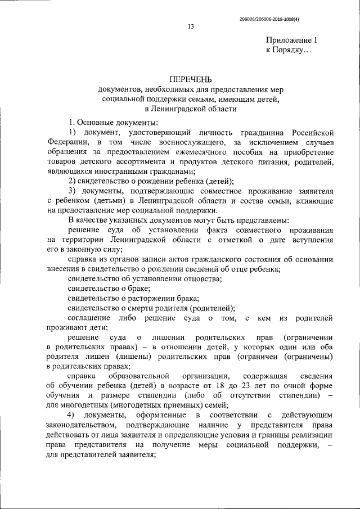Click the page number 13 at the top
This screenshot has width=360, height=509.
pyautogui.click(x=191, y=25)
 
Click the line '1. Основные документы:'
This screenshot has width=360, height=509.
pyautogui.click(x=113, y=122)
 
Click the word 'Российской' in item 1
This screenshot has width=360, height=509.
pyautogui.click(x=316, y=132)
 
